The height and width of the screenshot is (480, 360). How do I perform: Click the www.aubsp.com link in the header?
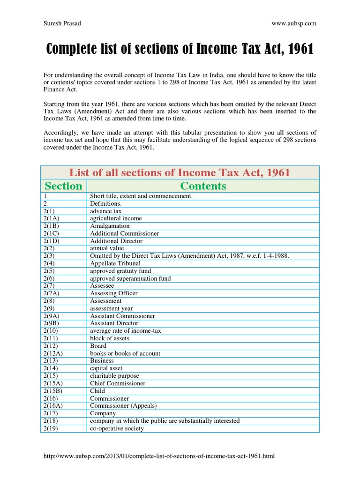click(294, 23)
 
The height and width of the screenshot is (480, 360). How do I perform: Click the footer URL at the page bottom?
click(157, 456)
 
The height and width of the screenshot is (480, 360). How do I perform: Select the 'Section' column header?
click(63, 186)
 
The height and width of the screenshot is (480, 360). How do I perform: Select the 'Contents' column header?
click(203, 186)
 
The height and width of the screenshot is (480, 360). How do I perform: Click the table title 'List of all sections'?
click(180, 172)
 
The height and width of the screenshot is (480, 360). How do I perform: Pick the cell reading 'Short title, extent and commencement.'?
click(141, 196)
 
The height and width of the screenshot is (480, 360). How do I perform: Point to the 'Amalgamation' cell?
click(110, 226)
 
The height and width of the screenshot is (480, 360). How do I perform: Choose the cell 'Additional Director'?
click(116, 241)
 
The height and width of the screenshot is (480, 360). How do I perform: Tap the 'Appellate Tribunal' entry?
click(115, 263)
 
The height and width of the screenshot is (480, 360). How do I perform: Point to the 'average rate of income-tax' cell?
click(125, 331)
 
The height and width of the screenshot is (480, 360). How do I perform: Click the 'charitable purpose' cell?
click(114, 376)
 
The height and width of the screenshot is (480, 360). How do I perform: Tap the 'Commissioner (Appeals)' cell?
click(123, 406)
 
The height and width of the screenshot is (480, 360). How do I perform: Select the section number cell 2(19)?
click(51, 428)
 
